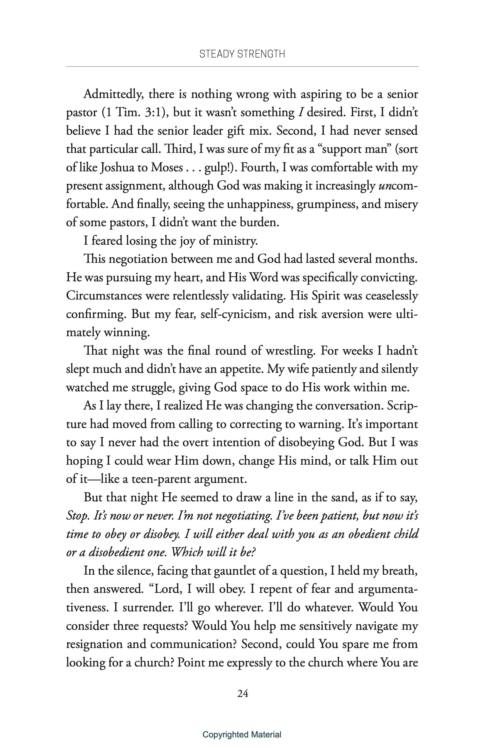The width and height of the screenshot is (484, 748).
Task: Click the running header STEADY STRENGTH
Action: point(242,54)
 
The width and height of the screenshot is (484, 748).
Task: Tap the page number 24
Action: point(243,693)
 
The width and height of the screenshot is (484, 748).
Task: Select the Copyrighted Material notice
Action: point(242,735)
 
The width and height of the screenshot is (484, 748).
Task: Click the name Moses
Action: point(167,167)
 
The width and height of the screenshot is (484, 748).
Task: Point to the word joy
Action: point(187,241)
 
